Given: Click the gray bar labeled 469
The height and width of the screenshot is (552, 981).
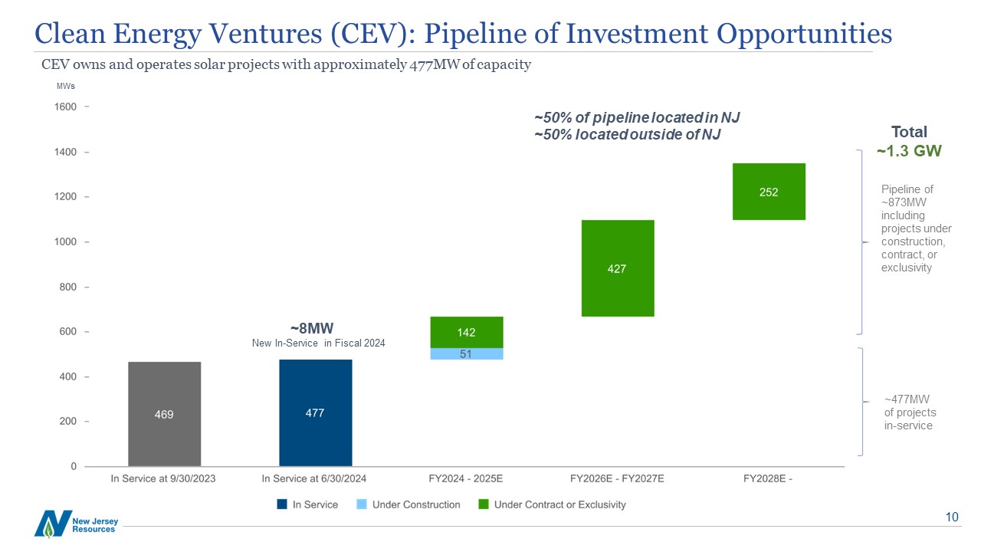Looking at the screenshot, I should click(x=164, y=414).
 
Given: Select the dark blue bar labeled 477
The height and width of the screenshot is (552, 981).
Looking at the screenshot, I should click(x=315, y=412).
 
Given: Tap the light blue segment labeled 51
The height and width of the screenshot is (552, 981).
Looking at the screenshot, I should click(x=466, y=353).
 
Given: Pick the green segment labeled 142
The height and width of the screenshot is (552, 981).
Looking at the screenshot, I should click(x=466, y=332).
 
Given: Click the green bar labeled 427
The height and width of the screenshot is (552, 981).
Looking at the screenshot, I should click(x=617, y=268).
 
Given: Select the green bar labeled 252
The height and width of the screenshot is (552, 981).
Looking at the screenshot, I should click(x=768, y=192).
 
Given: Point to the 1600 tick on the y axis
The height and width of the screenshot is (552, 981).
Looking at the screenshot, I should click(x=67, y=107).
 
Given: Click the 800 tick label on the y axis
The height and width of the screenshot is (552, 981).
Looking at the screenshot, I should click(x=67, y=287).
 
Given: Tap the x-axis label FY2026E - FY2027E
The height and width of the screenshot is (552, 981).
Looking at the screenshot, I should click(x=617, y=479).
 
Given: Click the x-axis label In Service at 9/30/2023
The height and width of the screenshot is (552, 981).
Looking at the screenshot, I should click(x=164, y=479).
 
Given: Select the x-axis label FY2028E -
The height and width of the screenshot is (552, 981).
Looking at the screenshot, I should click(x=768, y=479).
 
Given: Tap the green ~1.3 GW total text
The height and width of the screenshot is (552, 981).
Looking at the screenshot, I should click(x=909, y=151).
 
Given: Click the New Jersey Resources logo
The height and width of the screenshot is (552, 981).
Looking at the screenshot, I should click(x=75, y=523).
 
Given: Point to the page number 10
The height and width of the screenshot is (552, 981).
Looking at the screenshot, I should click(x=952, y=517).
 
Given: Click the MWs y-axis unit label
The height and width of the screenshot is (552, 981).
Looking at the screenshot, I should click(x=65, y=86).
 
